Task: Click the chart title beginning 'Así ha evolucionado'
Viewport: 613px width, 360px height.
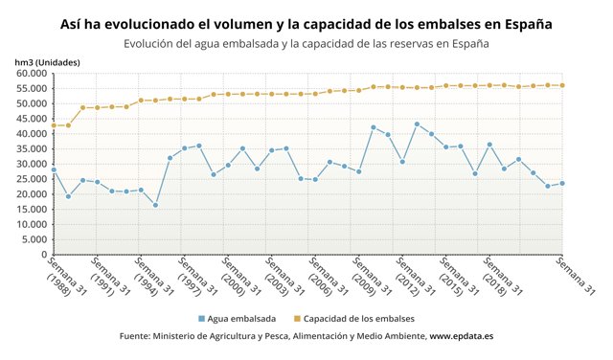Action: tap(306, 22)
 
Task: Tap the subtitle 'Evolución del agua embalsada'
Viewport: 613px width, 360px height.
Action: tap(306, 43)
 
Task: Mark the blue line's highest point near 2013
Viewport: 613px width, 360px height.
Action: tap(417, 124)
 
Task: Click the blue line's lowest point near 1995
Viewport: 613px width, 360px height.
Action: tap(155, 205)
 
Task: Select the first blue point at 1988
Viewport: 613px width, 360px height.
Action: tap(54, 169)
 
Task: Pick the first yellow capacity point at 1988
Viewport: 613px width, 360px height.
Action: tap(54, 125)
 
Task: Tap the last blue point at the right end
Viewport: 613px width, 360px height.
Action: tap(561, 183)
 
